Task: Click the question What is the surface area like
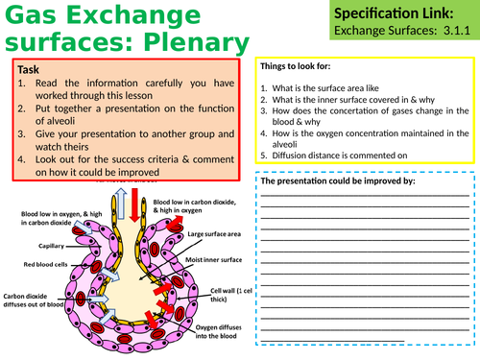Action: coord(326,88)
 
